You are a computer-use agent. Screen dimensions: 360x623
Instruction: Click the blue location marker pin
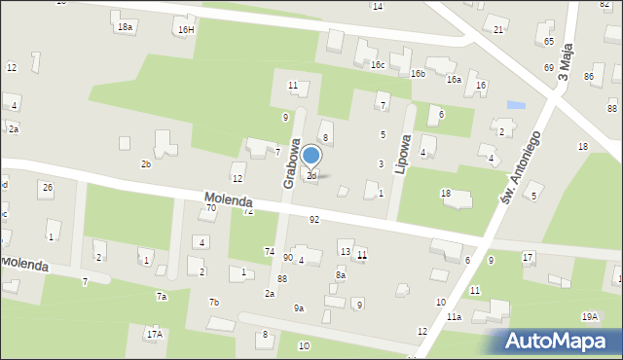(x=311, y=156)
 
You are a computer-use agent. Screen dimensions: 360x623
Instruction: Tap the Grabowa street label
(x=290, y=166)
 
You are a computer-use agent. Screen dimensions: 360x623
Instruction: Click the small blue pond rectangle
(x=516, y=104)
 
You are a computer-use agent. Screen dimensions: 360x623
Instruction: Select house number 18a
(x=125, y=27)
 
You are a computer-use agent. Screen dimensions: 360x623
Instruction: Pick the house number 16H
(x=186, y=30)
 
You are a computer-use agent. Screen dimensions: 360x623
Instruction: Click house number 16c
(x=378, y=65)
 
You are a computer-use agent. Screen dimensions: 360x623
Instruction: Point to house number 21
(x=498, y=30)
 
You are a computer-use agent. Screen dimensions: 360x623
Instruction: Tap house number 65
(x=549, y=42)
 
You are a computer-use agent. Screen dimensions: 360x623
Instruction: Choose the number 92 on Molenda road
(x=313, y=220)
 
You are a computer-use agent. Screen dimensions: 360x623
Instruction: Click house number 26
(x=46, y=186)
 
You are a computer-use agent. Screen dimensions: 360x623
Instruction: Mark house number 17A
(x=154, y=334)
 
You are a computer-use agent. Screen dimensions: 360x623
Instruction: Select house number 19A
(x=590, y=316)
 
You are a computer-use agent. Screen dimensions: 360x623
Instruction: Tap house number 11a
(x=454, y=317)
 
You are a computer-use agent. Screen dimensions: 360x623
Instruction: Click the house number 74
(x=269, y=251)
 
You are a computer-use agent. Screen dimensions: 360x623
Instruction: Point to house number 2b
(x=146, y=164)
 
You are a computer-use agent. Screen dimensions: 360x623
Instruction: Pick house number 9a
(x=299, y=308)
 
